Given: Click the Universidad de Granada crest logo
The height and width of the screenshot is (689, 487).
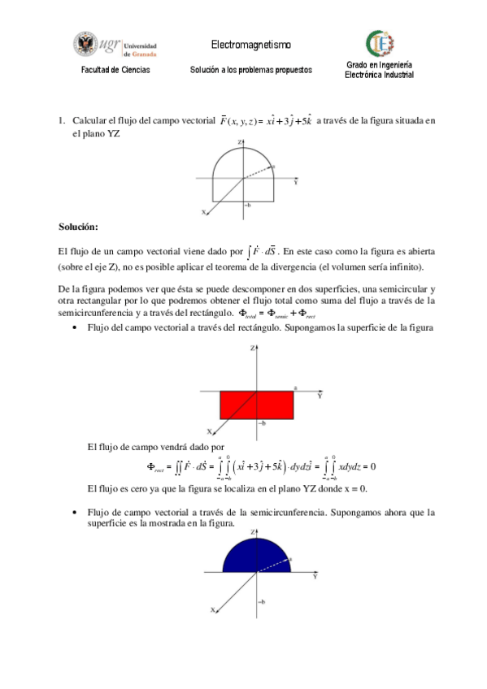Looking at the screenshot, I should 85,45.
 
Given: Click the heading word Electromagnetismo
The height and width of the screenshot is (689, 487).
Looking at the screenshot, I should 250,44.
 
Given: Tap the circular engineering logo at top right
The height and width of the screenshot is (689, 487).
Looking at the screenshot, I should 380,43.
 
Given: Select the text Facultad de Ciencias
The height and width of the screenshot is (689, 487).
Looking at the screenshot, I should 115,71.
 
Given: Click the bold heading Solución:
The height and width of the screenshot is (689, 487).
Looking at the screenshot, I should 78,225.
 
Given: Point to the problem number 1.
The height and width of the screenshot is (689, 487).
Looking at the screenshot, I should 61,121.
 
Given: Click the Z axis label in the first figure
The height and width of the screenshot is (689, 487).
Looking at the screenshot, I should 240,142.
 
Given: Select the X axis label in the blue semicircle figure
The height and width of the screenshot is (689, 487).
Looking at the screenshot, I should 212,609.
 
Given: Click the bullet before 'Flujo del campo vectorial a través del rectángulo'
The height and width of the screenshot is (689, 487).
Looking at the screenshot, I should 75,327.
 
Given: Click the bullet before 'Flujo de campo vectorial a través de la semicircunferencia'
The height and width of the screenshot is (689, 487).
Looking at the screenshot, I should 75,513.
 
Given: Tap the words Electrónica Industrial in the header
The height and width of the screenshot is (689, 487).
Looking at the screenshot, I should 380,75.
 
